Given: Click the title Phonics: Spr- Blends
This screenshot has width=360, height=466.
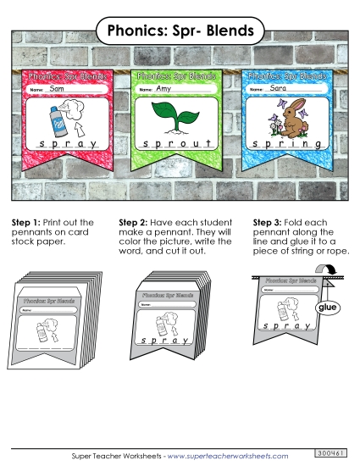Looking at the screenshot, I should pos(180,31).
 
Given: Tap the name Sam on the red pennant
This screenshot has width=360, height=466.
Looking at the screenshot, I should pos(58,89).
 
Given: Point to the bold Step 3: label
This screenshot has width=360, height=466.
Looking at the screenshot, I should pos(269,222).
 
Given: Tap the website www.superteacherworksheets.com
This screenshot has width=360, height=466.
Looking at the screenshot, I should pos(241,456).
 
